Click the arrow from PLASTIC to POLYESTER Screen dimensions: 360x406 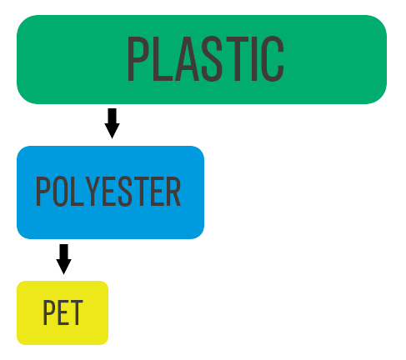pos(112,122)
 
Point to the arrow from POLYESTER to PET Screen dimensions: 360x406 pos(63,258)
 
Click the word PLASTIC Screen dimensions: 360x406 pos(204,58)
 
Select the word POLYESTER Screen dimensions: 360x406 pos(108,192)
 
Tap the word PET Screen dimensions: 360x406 pos(63,313)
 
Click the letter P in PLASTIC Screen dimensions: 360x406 pos(138,58)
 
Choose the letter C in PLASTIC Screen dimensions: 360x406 pos(271,58)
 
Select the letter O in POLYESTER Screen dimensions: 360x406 pos(61,192)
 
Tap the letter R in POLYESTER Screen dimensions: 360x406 pos(173,192)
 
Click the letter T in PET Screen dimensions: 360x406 pos(76,313)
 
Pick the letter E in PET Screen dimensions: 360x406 pos(63,313)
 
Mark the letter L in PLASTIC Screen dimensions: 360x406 pos(161,58)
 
